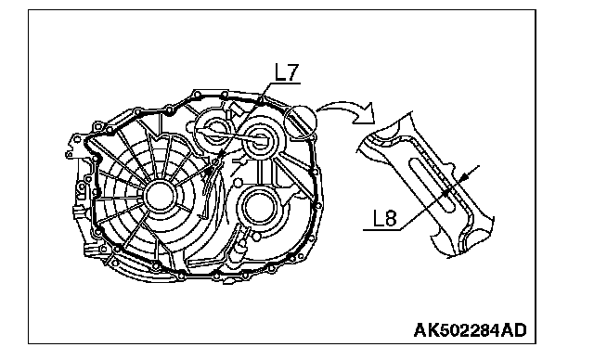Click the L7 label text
coord(287,72)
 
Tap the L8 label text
coord(385,218)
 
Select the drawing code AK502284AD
coord(471,330)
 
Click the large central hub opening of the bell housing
coord(159,196)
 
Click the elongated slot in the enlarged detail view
coord(431,185)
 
